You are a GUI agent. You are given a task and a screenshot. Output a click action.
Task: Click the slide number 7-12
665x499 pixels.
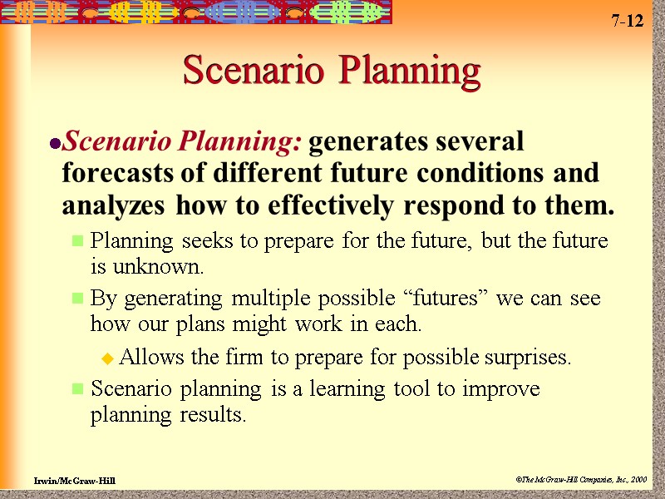[x=628, y=22]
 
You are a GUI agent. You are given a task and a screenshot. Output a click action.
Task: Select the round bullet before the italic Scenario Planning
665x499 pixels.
[x=55, y=144]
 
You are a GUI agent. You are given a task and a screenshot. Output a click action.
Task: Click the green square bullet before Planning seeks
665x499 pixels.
[x=78, y=242]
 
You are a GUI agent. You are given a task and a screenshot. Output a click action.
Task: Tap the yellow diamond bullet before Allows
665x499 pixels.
[x=107, y=359]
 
